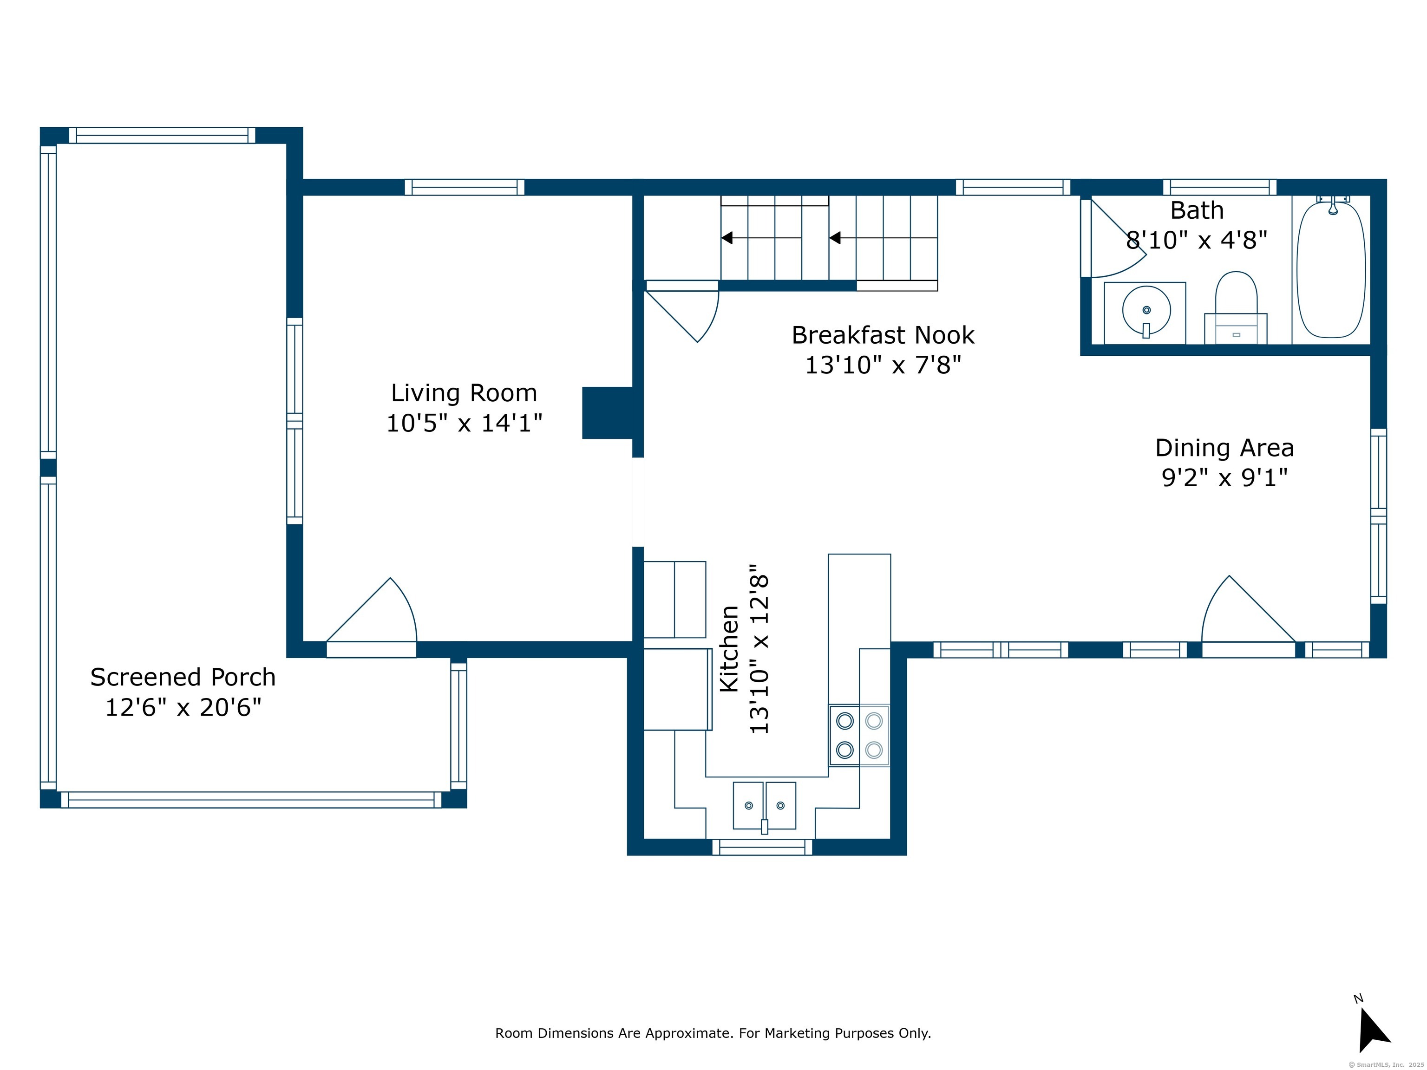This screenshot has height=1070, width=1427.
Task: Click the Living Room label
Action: point(464,393)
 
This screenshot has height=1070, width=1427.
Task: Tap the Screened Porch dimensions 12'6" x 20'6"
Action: point(183,708)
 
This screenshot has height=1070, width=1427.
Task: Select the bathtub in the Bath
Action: point(1331,267)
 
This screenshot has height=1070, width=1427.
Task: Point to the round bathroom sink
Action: point(1146,311)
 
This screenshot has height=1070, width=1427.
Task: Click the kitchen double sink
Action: point(765,806)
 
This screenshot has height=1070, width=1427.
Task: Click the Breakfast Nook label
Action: point(883,335)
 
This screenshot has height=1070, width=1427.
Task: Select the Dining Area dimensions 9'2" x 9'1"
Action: point(1224,478)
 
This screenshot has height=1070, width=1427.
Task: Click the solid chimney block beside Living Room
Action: point(607,413)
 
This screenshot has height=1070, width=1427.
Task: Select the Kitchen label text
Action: point(729,649)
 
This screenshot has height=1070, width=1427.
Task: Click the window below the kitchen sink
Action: point(763,848)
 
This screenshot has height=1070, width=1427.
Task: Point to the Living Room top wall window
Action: point(465,187)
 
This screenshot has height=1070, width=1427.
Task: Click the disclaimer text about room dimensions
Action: point(713,1033)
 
